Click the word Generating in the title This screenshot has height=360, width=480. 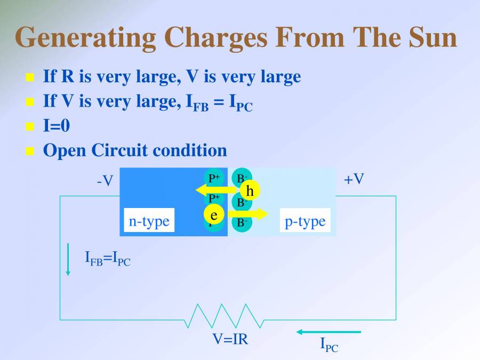click(85, 37)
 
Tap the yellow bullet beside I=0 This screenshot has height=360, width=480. click(30, 126)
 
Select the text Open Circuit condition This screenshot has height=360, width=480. click(134, 150)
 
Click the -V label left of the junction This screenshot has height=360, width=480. click(105, 181)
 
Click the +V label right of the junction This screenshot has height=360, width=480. click(354, 179)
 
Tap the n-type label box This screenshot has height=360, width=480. click(149, 220)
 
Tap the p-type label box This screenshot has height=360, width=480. click(305, 220)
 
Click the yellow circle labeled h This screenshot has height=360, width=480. click(250, 190)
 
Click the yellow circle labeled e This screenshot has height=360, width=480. click(214, 215)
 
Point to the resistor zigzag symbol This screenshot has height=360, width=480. click(224, 316)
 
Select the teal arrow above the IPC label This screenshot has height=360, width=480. click(329, 332)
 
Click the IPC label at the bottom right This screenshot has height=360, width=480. click(329, 345)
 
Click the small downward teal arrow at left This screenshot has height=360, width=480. click(68, 260)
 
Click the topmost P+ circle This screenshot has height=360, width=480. click(214, 178)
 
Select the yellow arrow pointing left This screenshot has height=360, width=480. click(213, 189)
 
